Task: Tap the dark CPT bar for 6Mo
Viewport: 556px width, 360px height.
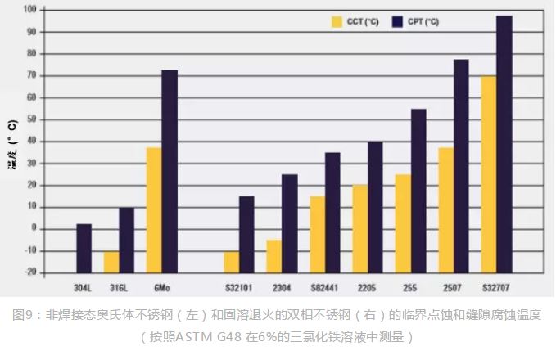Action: click(170, 171)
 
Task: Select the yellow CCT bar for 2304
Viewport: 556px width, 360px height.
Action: click(274, 255)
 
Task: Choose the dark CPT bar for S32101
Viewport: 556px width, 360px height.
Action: click(246, 234)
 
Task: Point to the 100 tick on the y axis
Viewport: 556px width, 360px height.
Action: click(29, 10)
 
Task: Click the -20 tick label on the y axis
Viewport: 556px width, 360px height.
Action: click(29, 272)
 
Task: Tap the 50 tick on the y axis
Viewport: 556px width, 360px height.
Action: click(31, 119)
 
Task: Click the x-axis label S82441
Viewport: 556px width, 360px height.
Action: click(324, 288)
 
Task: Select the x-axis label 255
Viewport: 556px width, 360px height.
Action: click(410, 288)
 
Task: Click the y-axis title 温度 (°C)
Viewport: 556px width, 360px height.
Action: click(12, 143)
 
